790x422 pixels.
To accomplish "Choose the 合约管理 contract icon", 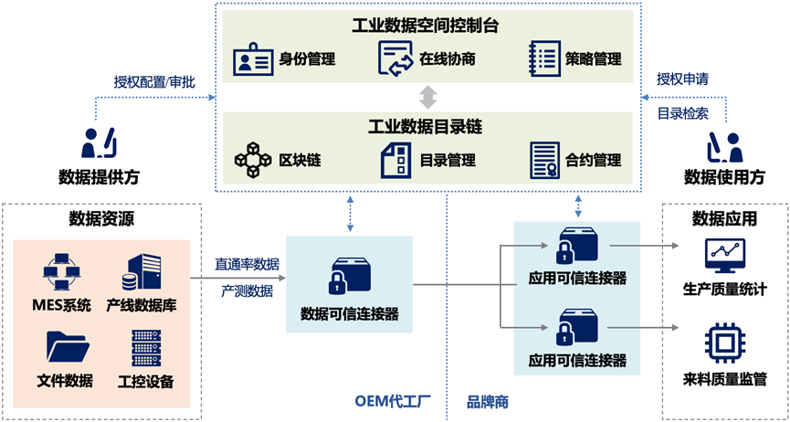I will click(545, 159).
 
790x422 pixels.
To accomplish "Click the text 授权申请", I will click(683, 78).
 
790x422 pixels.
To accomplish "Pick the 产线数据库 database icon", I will click(144, 271).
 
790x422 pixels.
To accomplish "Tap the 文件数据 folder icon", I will click(66, 347).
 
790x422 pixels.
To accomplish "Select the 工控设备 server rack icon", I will click(145, 347).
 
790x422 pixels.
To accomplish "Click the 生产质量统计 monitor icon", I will click(725, 256).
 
